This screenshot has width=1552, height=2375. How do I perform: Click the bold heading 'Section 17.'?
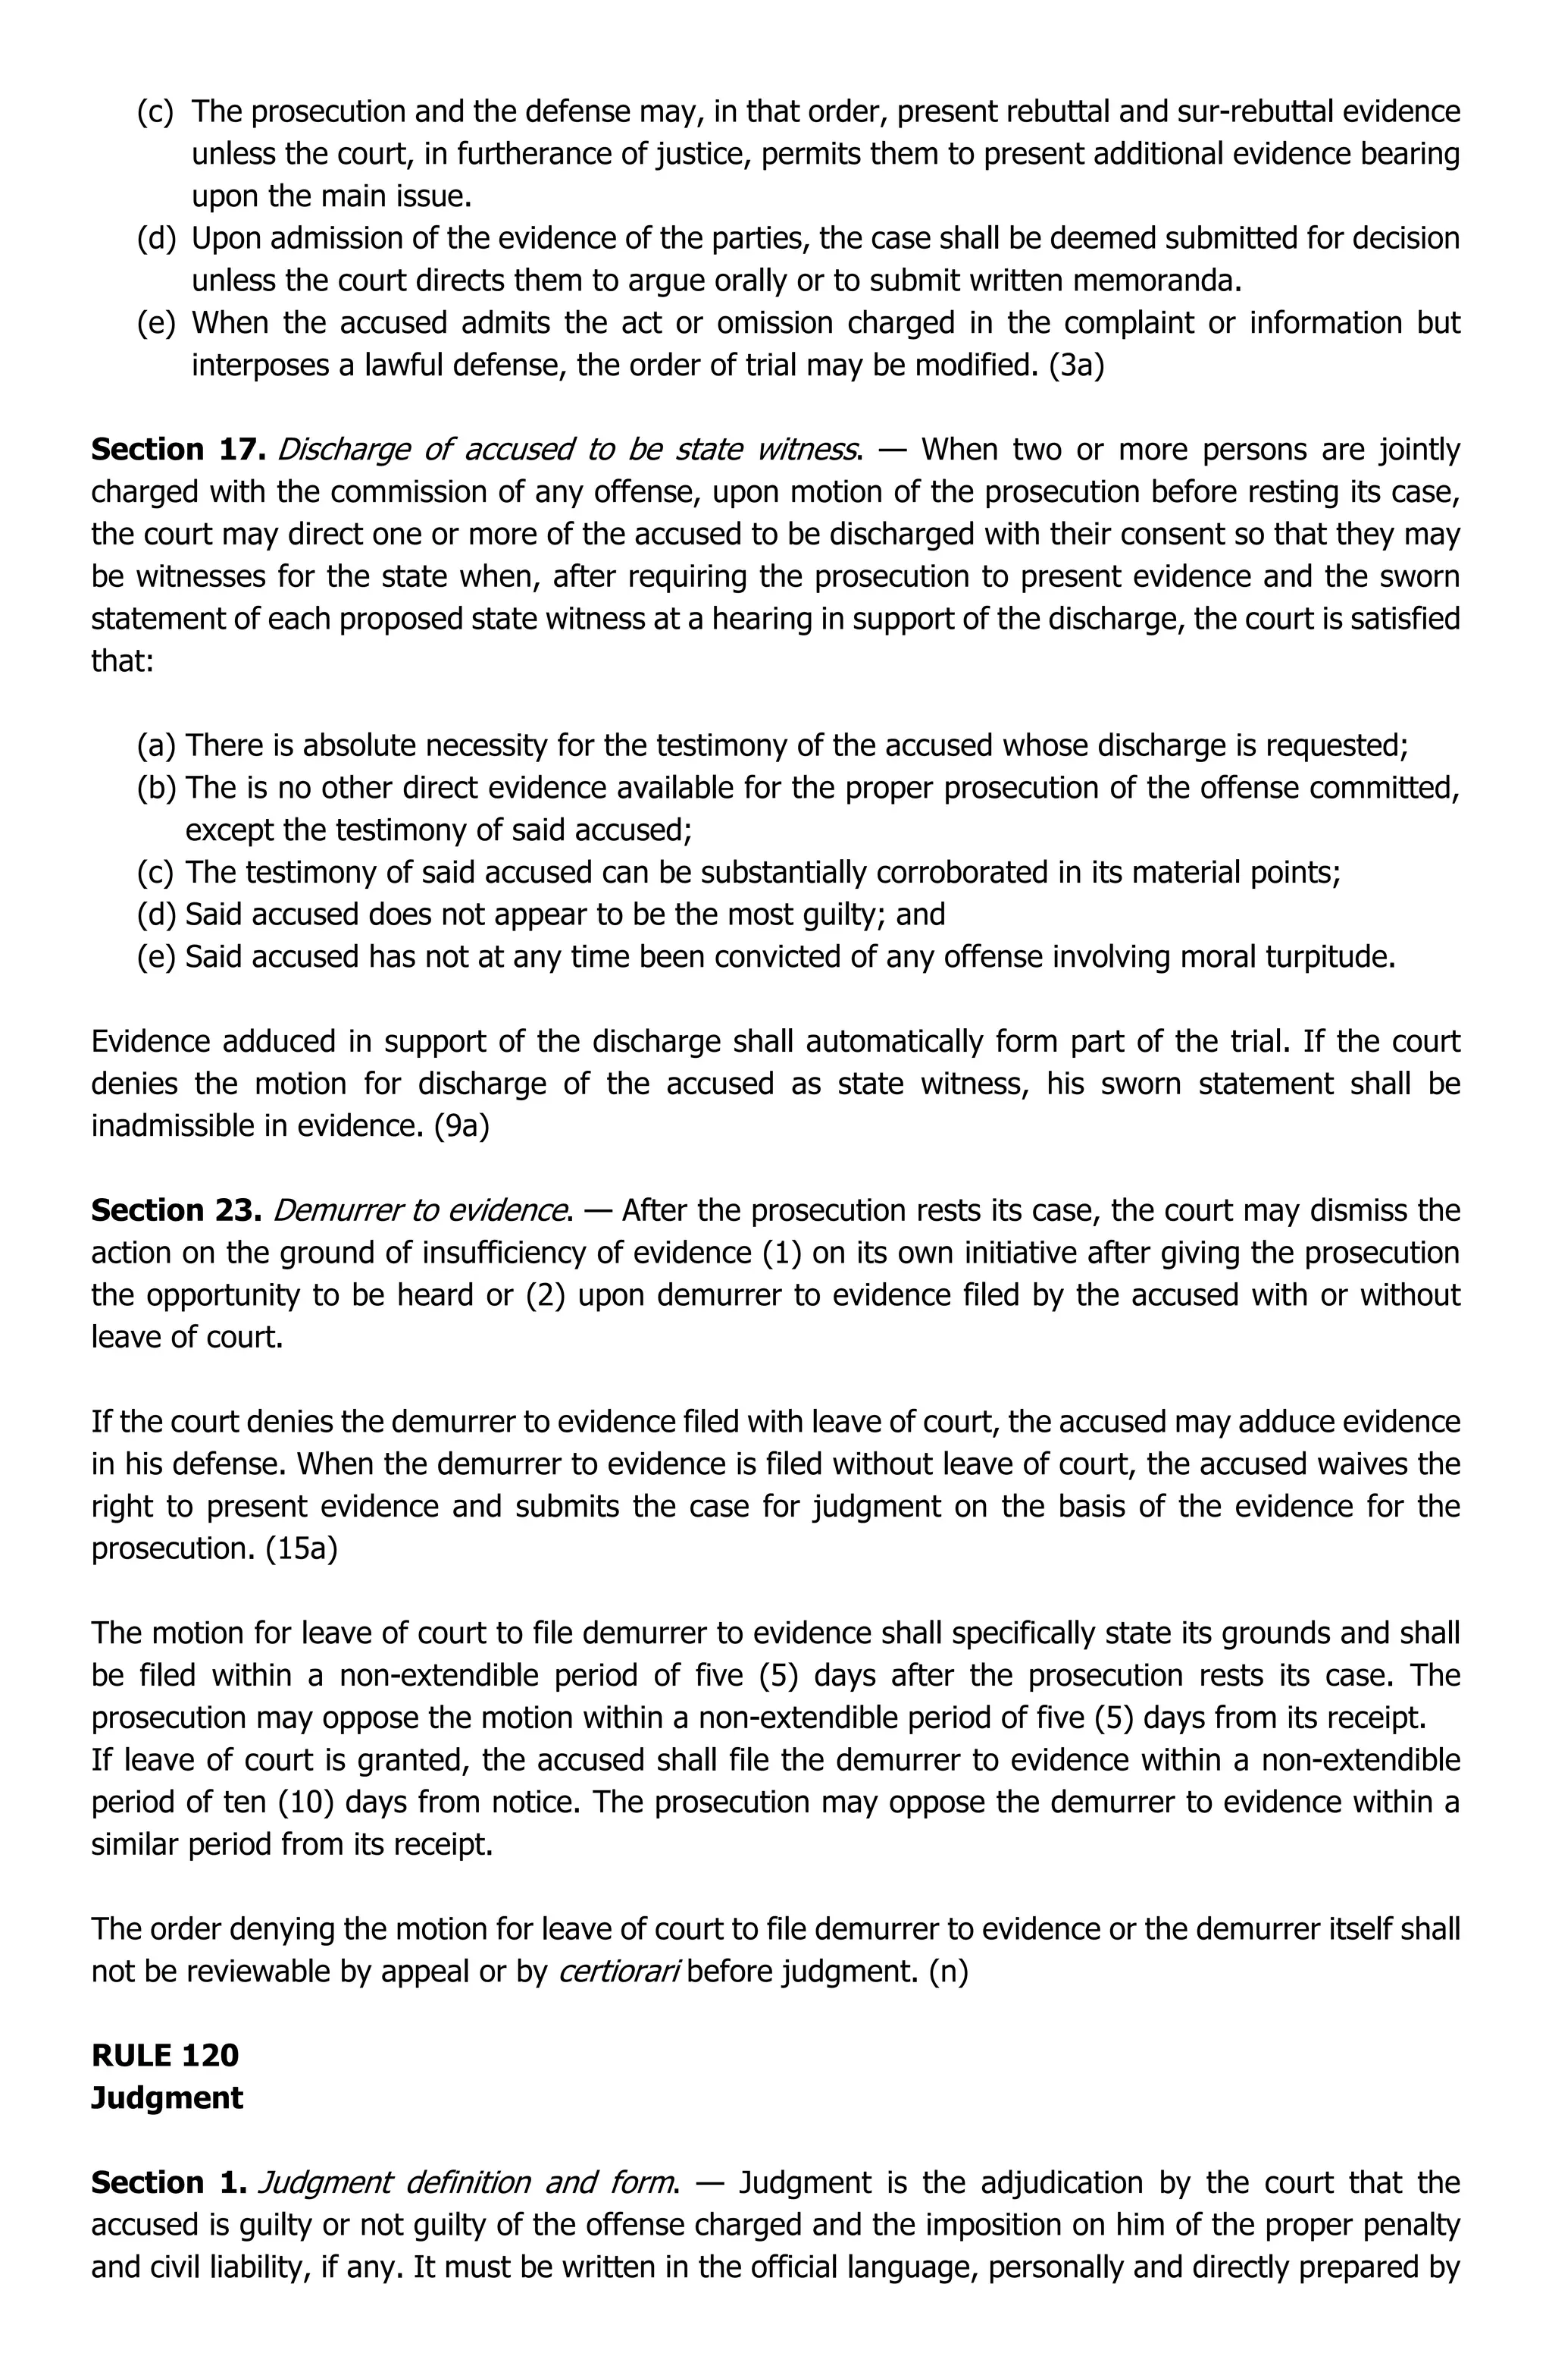tap(177, 450)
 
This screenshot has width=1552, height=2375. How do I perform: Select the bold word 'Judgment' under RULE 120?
tap(167, 2097)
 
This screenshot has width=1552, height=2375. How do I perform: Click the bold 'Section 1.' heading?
tap(168, 2182)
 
